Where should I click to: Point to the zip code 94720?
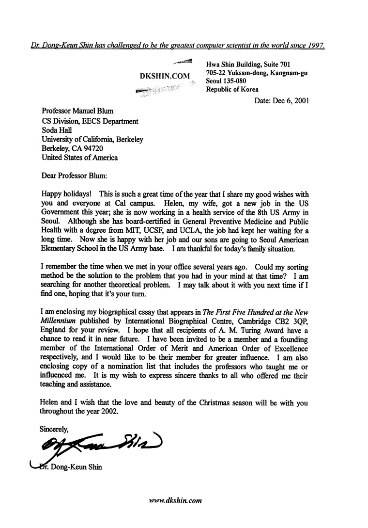90,148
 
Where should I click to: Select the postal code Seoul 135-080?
226,81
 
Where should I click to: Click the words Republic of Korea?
232,89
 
